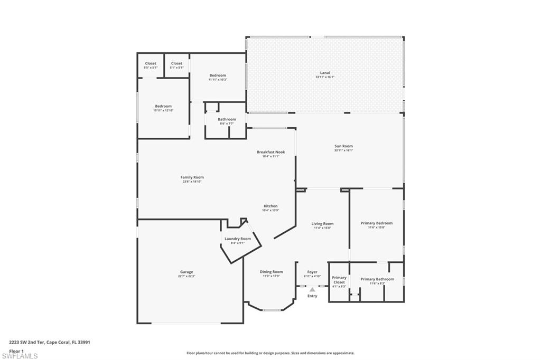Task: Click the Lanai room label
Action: (325, 72)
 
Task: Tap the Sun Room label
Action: (343, 146)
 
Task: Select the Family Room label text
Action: (192, 177)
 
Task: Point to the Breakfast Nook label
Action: (271, 152)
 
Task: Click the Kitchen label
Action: (270, 206)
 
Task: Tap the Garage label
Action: (186, 272)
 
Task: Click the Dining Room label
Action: (271, 272)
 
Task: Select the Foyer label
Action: (312, 272)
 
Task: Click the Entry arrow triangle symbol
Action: (312, 289)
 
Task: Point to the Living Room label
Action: (322, 224)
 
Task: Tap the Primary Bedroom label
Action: (377, 223)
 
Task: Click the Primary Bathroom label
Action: (377, 279)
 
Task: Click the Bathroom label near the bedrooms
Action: (227, 119)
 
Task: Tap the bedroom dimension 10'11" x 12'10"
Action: (163, 110)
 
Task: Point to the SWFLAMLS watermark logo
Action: (20, 356)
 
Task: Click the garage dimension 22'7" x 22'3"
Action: (186, 276)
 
